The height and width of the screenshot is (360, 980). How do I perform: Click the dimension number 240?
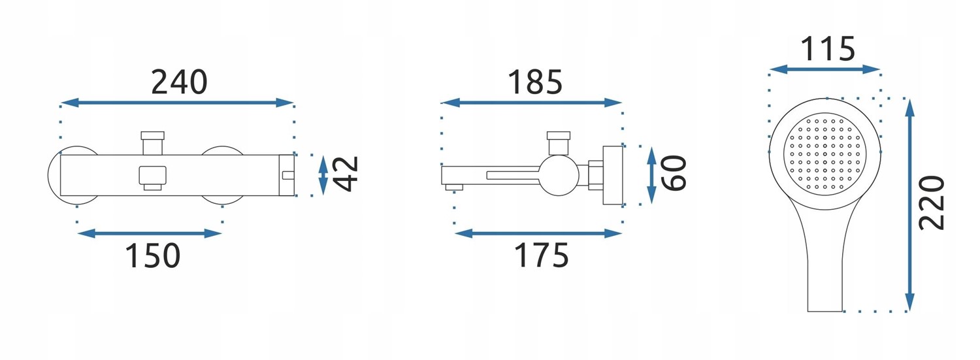pos(179,82)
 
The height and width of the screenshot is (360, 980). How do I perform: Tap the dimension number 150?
pos(153,255)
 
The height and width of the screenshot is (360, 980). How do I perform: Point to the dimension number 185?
pos(534,82)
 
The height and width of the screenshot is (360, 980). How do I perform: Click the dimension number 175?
pos(542,255)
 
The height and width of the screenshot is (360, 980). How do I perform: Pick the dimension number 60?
pos(674,173)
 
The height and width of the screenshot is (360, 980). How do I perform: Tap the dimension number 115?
pos(828,49)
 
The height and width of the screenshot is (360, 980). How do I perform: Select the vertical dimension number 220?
pos(932,203)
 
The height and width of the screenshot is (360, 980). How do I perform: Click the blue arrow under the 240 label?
pos(177,103)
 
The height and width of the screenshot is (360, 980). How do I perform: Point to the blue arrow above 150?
pos(150,233)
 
